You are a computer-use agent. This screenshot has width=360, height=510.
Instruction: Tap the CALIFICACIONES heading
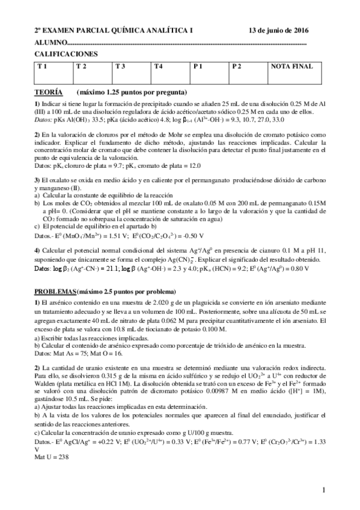[66, 54]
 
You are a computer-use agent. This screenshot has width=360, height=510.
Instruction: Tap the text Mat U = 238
[51, 456]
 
